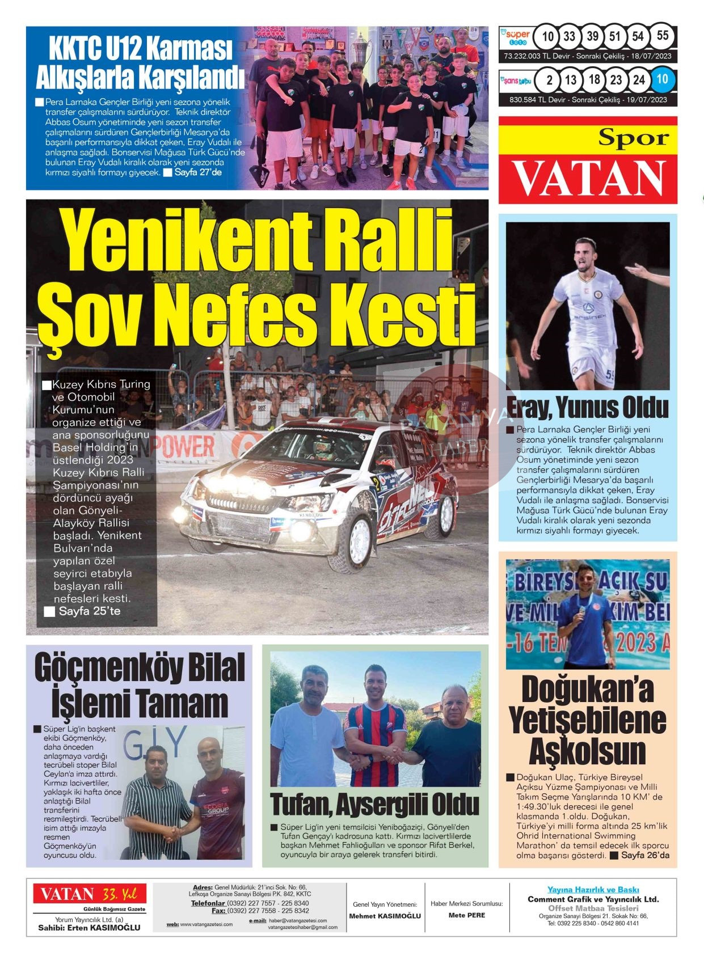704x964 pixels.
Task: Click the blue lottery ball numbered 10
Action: (x=662, y=79)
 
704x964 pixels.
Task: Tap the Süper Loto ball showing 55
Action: (x=662, y=36)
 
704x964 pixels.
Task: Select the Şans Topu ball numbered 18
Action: (x=593, y=79)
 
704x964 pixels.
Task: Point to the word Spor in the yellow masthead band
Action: (x=633, y=138)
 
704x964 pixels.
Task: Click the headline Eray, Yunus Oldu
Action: (x=587, y=407)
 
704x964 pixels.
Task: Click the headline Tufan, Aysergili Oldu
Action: (x=374, y=804)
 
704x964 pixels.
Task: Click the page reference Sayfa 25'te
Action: (x=89, y=611)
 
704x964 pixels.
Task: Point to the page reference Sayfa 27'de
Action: (x=197, y=172)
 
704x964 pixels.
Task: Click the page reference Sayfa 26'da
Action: (x=645, y=855)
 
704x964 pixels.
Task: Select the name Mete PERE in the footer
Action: (x=466, y=915)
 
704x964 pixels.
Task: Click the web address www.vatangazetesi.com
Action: (x=206, y=925)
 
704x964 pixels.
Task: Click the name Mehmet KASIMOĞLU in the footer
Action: (x=385, y=916)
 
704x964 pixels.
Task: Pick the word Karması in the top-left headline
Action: (x=189, y=49)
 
